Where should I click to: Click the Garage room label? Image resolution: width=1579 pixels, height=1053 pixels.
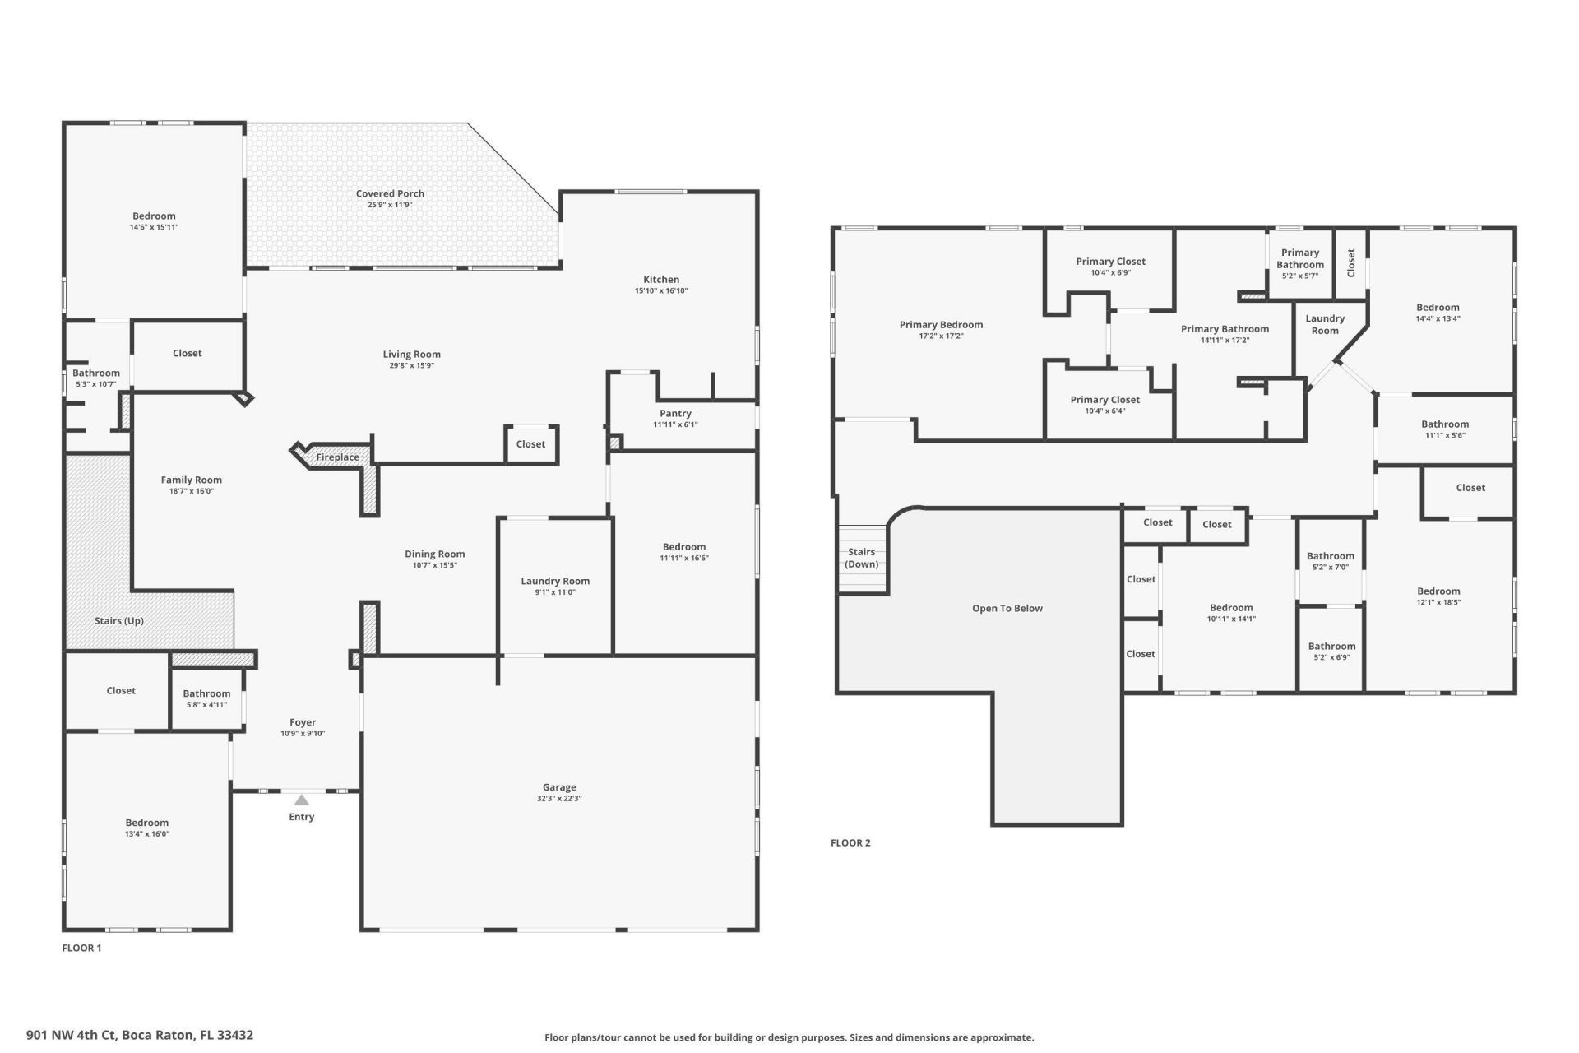[559, 787]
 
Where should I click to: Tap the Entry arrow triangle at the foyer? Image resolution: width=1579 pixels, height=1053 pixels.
[302, 800]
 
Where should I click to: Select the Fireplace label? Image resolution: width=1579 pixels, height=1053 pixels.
[337, 457]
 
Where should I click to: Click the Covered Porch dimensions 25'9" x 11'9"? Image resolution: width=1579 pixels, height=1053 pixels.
[390, 205]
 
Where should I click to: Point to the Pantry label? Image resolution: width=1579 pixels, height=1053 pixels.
[675, 414]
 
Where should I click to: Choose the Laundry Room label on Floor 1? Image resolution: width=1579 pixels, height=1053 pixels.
[555, 581]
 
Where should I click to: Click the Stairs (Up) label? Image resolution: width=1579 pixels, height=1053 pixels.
[119, 621]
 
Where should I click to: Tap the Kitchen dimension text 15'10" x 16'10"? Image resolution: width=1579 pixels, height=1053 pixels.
[660, 290]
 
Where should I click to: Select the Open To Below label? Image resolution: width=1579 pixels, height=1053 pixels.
[1007, 609]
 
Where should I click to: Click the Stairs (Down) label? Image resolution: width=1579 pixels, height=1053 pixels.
[862, 558]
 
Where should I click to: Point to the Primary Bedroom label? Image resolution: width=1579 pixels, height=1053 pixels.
[941, 325]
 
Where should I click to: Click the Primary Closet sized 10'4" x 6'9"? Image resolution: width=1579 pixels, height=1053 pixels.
[1110, 262]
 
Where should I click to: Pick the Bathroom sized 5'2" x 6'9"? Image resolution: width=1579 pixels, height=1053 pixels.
[1331, 647]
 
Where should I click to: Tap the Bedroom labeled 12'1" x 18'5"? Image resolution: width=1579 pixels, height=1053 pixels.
[1438, 591]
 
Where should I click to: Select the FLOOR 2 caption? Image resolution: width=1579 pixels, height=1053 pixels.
[850, 842]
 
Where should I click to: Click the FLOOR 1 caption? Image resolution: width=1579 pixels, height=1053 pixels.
[81, 948]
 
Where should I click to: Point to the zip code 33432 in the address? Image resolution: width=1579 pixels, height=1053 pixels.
[234, 1035]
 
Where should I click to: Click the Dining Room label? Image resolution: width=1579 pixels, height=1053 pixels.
[434, 554]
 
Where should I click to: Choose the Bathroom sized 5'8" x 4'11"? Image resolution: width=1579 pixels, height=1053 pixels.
[206, 693]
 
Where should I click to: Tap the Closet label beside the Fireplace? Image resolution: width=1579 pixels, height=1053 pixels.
[530, 444]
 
